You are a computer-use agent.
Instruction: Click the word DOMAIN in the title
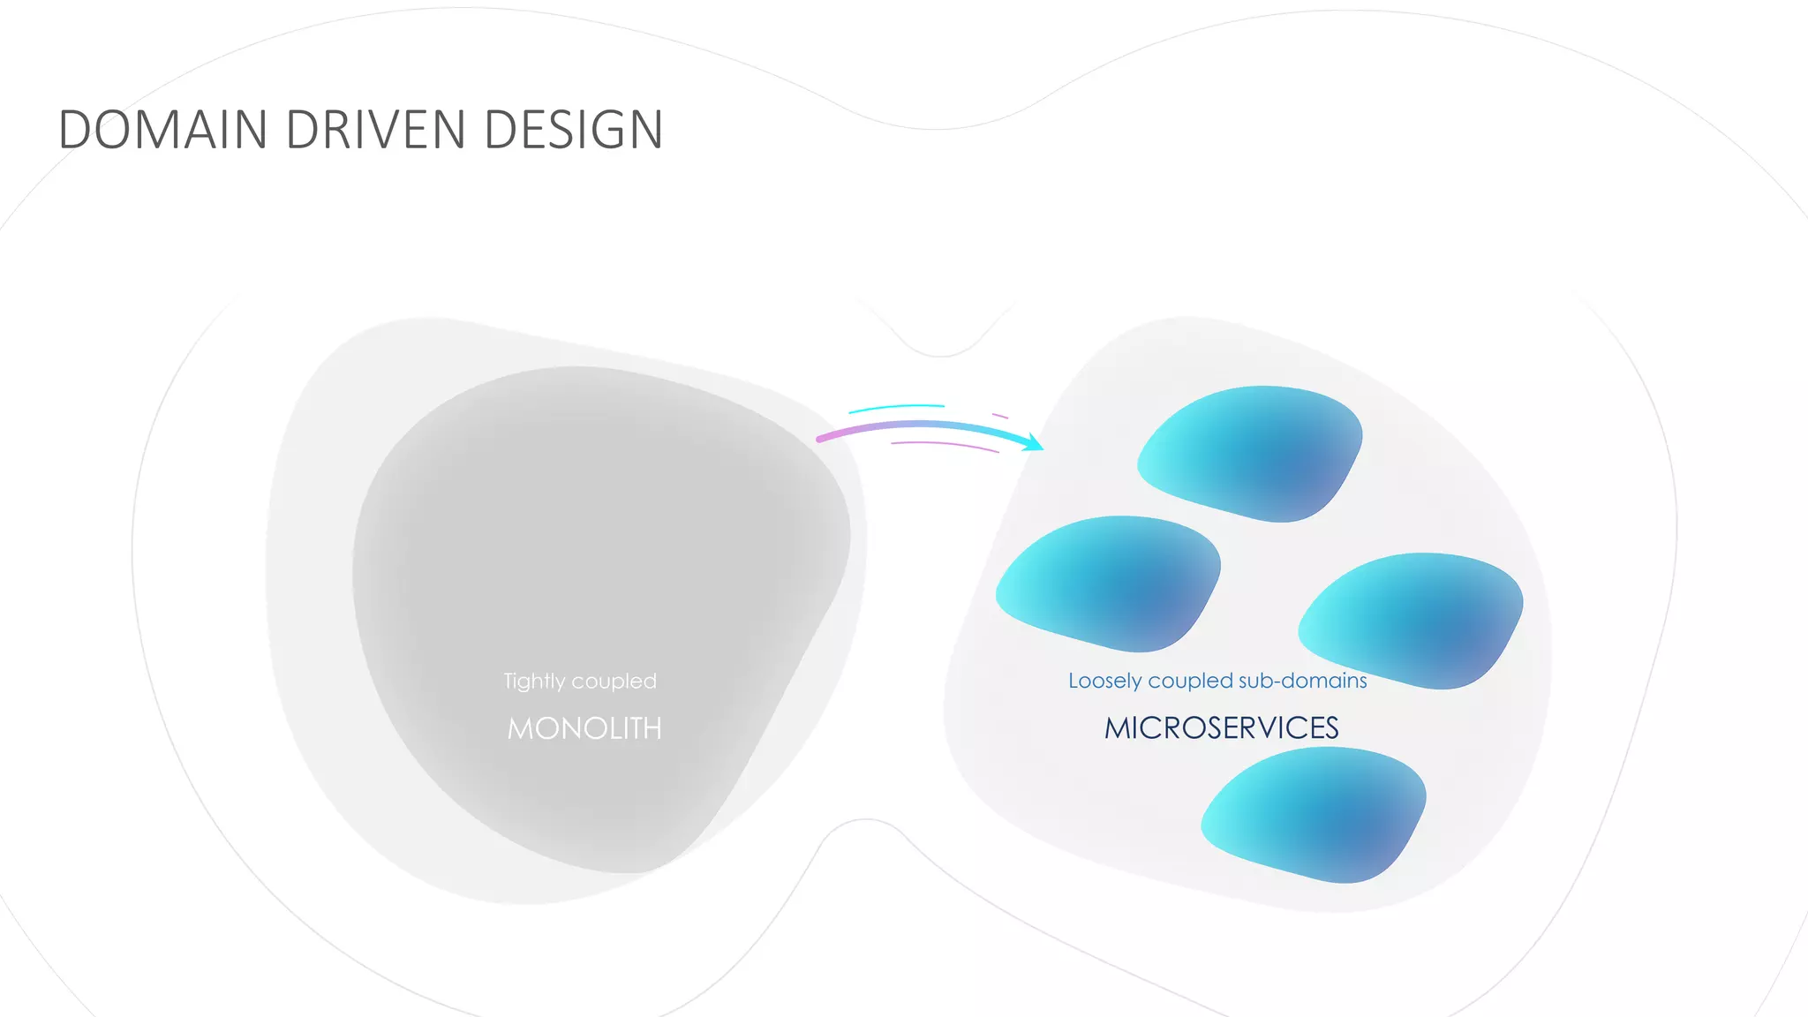(x=162, y=130)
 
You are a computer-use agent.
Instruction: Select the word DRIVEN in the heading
(x=375, y=130)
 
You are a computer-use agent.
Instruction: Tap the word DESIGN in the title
(x=573, y=130)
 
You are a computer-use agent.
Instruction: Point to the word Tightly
(x=534, y=682)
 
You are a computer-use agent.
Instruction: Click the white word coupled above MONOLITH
(x=614, y=682)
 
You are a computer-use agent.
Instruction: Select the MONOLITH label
(x=584, y=728)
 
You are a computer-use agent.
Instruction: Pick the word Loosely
(x=1104, y=681)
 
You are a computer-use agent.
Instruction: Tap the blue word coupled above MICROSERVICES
(x=1190, y=681)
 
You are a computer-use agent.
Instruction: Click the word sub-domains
(x=1303, y=681)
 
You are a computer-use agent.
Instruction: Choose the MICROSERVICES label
(x=1222, y=727)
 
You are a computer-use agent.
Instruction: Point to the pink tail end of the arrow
(x=821, y=438)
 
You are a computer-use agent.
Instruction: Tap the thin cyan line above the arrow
(x=896, y=408)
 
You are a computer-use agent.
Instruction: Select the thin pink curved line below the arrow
(x=945, y=445)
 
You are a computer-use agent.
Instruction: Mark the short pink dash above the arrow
(x=1000, y=415)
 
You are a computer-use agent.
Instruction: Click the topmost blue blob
(x=1254, y=452)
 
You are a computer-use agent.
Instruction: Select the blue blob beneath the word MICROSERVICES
(x=1315, y=814)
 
